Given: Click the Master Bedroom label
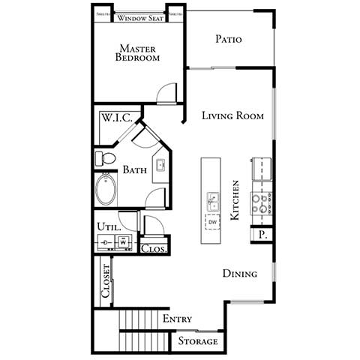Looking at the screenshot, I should [138, 52].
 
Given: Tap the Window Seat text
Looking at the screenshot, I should [139, 16].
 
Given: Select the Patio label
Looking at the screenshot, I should [228, 39].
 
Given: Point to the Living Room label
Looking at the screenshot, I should [232, 115].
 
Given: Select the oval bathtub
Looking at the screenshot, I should [106, 190].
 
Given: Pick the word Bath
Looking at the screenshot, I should [135, 170].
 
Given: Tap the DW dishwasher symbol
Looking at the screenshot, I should [213, 223].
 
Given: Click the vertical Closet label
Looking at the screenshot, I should [106, 282].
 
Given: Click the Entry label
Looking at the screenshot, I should [177, 319].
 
